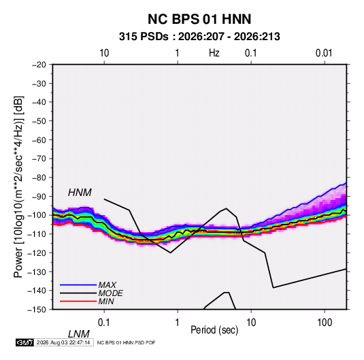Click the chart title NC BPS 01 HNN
coord(199,19)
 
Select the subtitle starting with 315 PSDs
coord(199,37)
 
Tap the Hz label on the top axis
coord(214,53)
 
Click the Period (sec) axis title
coord(214,330)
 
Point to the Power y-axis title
coord(18,186)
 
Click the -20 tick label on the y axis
coord(39,65)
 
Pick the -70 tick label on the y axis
coord(39,159)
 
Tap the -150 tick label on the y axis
coord(37,310)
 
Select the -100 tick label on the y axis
coord(37,215)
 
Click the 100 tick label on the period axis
coord(325,323)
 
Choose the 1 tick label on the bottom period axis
coord(178,323)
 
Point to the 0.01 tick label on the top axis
coord(324,53)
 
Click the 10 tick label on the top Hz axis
coord(104,53)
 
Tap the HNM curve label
coord(80,193)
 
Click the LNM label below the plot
coord(79,334)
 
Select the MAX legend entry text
coord(107,285)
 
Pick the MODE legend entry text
coord(110,293)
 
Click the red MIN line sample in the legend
coord(78,301)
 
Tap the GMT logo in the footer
coord(24,342)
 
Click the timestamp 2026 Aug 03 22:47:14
coord(63,342)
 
